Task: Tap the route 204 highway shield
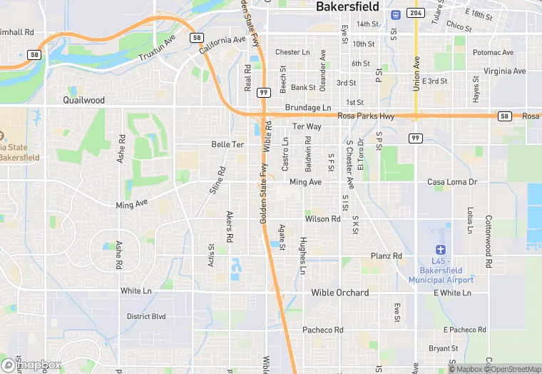pos(415,13)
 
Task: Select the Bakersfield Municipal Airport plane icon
pos(441,249)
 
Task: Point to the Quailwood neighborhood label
pos(83,100)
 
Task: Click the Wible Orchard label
pos(339,293)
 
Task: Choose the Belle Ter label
pos(227,144)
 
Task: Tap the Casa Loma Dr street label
pos(451,183)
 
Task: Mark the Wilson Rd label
pos(324,219)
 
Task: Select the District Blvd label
pos(145,316)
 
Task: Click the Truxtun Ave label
pos(156,48)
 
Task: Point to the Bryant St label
pos(444,348)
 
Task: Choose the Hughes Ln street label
pos(303,256)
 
